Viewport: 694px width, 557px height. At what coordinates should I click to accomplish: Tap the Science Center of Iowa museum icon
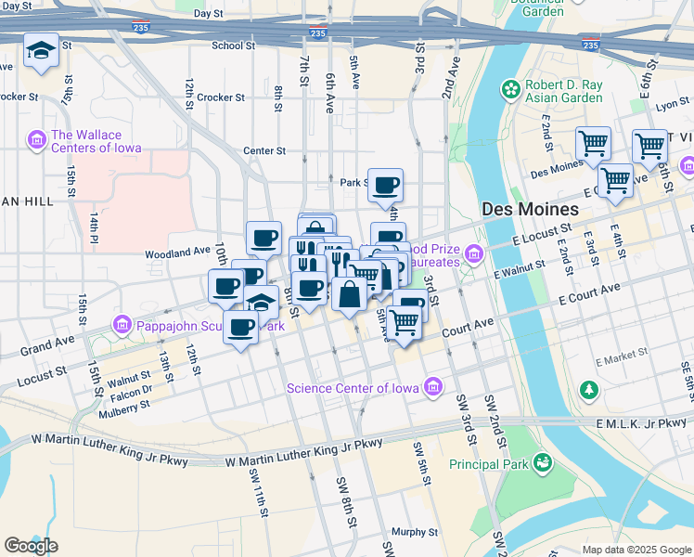432,387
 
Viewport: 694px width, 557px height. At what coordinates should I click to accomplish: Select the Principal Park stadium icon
543,462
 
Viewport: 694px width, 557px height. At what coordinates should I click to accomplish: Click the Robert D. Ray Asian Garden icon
509,90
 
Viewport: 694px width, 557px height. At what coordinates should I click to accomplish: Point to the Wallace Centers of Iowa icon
37,140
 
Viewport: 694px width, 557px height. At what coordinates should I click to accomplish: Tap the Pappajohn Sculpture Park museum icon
122,326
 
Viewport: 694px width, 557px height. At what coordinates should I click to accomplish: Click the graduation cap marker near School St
41,51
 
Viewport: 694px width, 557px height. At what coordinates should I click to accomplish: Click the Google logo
31,545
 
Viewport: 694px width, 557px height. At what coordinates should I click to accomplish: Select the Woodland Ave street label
177,252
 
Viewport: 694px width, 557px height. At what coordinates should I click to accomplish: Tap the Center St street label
263,150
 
